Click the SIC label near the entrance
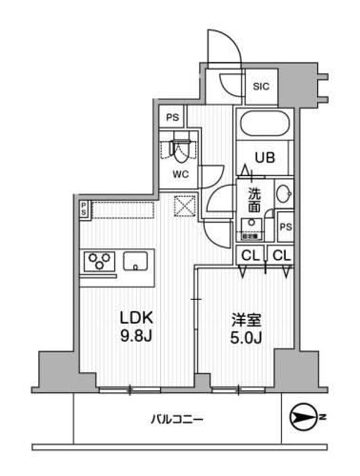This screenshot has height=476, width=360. pos(260,89)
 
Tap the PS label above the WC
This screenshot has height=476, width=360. pos(172,118)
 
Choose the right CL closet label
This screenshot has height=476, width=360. pos(280,255)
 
